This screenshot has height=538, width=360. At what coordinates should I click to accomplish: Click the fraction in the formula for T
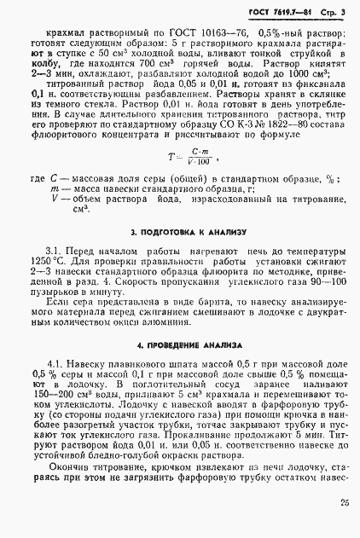(200, 155)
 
